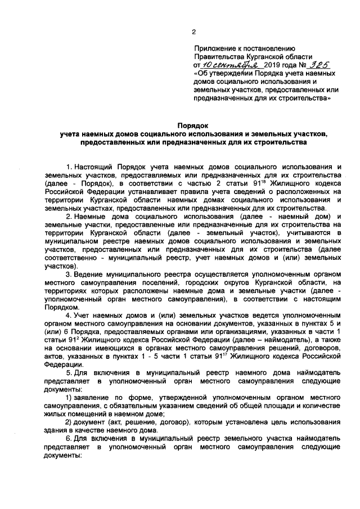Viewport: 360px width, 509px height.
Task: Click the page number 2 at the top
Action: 193,32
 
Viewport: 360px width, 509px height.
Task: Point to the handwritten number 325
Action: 302,65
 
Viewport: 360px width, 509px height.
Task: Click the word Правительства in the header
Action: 218,57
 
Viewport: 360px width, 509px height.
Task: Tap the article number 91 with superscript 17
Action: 229,356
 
